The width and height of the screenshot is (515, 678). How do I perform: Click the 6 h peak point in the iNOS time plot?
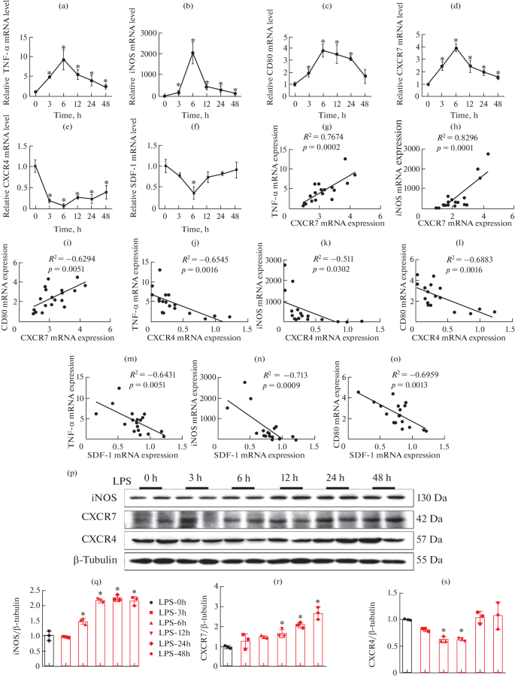click(x=192, y=52)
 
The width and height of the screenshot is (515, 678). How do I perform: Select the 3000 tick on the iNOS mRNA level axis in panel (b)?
click(x=150, y=35)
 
